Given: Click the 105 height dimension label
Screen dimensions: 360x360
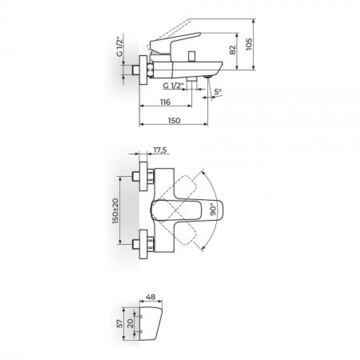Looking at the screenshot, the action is pyautogui.click(x=249, y=44).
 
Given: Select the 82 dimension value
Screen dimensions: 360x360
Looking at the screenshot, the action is pyautogui.click(x=233, y=50).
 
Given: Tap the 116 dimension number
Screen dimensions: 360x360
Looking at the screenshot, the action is pyautogui.click(x=165, y=102).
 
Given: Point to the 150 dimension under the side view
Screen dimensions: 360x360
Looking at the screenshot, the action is pyautogui.click(x=174, y=120).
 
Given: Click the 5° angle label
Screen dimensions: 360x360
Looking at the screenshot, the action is pyautogui.click(x=218, y=91).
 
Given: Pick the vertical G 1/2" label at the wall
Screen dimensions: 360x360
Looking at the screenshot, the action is pyautogui.click(x=120, y=47).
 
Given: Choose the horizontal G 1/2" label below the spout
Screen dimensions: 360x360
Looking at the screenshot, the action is pyautogui.click(x=174, y=86).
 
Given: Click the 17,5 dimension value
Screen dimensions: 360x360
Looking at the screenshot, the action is pyautogui.click(x=160, y=150).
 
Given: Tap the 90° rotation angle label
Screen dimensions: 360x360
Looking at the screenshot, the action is pyautogui.click(x=213, y=209).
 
